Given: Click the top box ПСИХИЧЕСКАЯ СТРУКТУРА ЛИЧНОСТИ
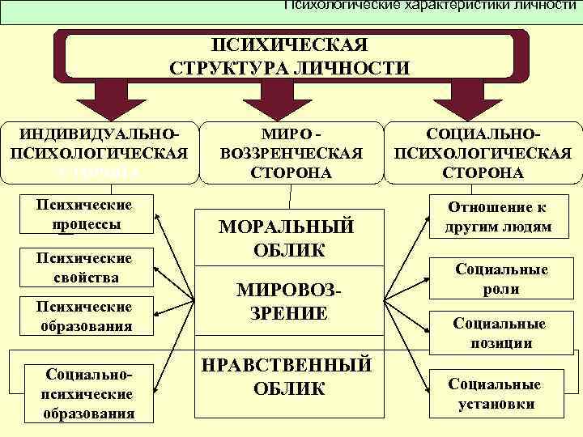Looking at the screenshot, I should tap(290, 54).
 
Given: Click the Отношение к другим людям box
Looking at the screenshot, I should tap(497, 217).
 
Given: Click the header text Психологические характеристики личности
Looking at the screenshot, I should tap(429, 6).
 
